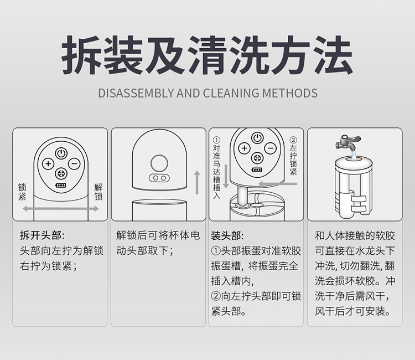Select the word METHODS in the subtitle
(290, 93)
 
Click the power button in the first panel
(61, 153)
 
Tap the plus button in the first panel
(48, 164)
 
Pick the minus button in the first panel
(74, 164)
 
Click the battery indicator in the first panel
(61, 186)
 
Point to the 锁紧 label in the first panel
(22, 192)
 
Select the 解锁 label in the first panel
(98, 192)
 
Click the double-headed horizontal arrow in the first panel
(61, 209)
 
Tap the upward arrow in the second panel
(197, 182)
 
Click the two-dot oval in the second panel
(159, 178)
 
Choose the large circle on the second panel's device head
(159, 163)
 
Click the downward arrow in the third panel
(226, 177)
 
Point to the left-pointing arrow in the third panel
(278, 183)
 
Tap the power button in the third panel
(257, 138)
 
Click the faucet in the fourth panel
(348, 142)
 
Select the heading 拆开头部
(42, 235)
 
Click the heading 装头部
(227, 235)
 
